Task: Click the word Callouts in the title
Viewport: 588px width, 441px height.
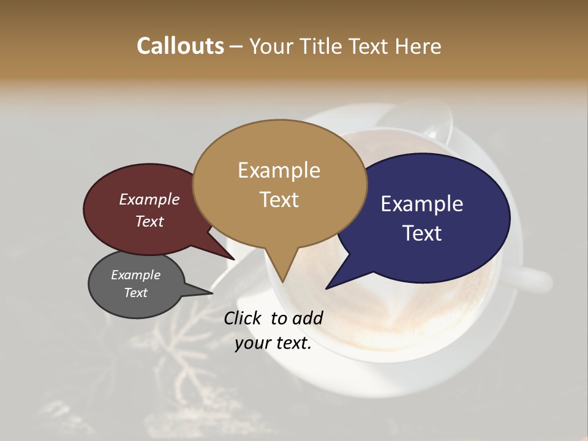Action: click(180, 46)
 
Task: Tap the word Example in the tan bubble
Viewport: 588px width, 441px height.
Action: click(279, 170)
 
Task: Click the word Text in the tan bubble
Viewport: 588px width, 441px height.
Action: click(279, 200)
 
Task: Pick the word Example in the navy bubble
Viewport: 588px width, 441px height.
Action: click(422, 204)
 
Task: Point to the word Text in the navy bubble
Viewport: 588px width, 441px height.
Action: click(422, 233)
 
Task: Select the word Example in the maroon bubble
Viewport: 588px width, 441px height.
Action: click(149, 200)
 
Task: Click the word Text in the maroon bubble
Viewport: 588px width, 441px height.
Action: click(149, 222)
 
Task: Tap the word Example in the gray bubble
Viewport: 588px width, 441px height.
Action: click(136, 275)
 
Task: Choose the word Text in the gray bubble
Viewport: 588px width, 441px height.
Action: click(136, 293)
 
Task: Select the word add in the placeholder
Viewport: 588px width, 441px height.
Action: click(308, 318)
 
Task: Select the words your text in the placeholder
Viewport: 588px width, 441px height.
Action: click(273, 343)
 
